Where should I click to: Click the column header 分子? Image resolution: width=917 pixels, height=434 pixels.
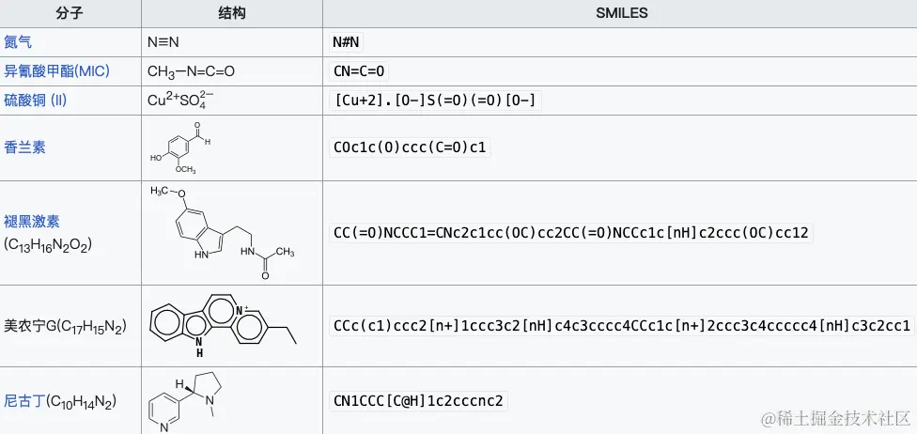70,13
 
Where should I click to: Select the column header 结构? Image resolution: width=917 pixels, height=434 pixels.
231,13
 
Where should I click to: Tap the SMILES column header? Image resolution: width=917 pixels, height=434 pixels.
621,13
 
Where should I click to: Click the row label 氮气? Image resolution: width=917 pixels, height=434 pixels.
18,42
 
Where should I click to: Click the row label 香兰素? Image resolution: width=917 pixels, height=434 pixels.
24,147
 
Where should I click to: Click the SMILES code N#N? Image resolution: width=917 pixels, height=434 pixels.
347,42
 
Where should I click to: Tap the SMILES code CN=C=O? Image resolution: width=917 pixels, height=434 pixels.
359,71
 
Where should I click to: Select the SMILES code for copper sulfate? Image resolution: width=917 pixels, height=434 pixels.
437,101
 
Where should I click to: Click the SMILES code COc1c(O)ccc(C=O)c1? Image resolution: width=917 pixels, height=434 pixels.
412,147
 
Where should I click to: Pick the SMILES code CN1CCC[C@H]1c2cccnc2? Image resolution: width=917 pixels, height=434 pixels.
419,401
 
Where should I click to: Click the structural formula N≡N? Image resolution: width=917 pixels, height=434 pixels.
163,42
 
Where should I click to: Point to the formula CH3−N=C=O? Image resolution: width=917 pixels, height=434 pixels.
191,71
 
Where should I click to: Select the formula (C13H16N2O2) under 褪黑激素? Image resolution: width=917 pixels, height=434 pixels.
48,244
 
